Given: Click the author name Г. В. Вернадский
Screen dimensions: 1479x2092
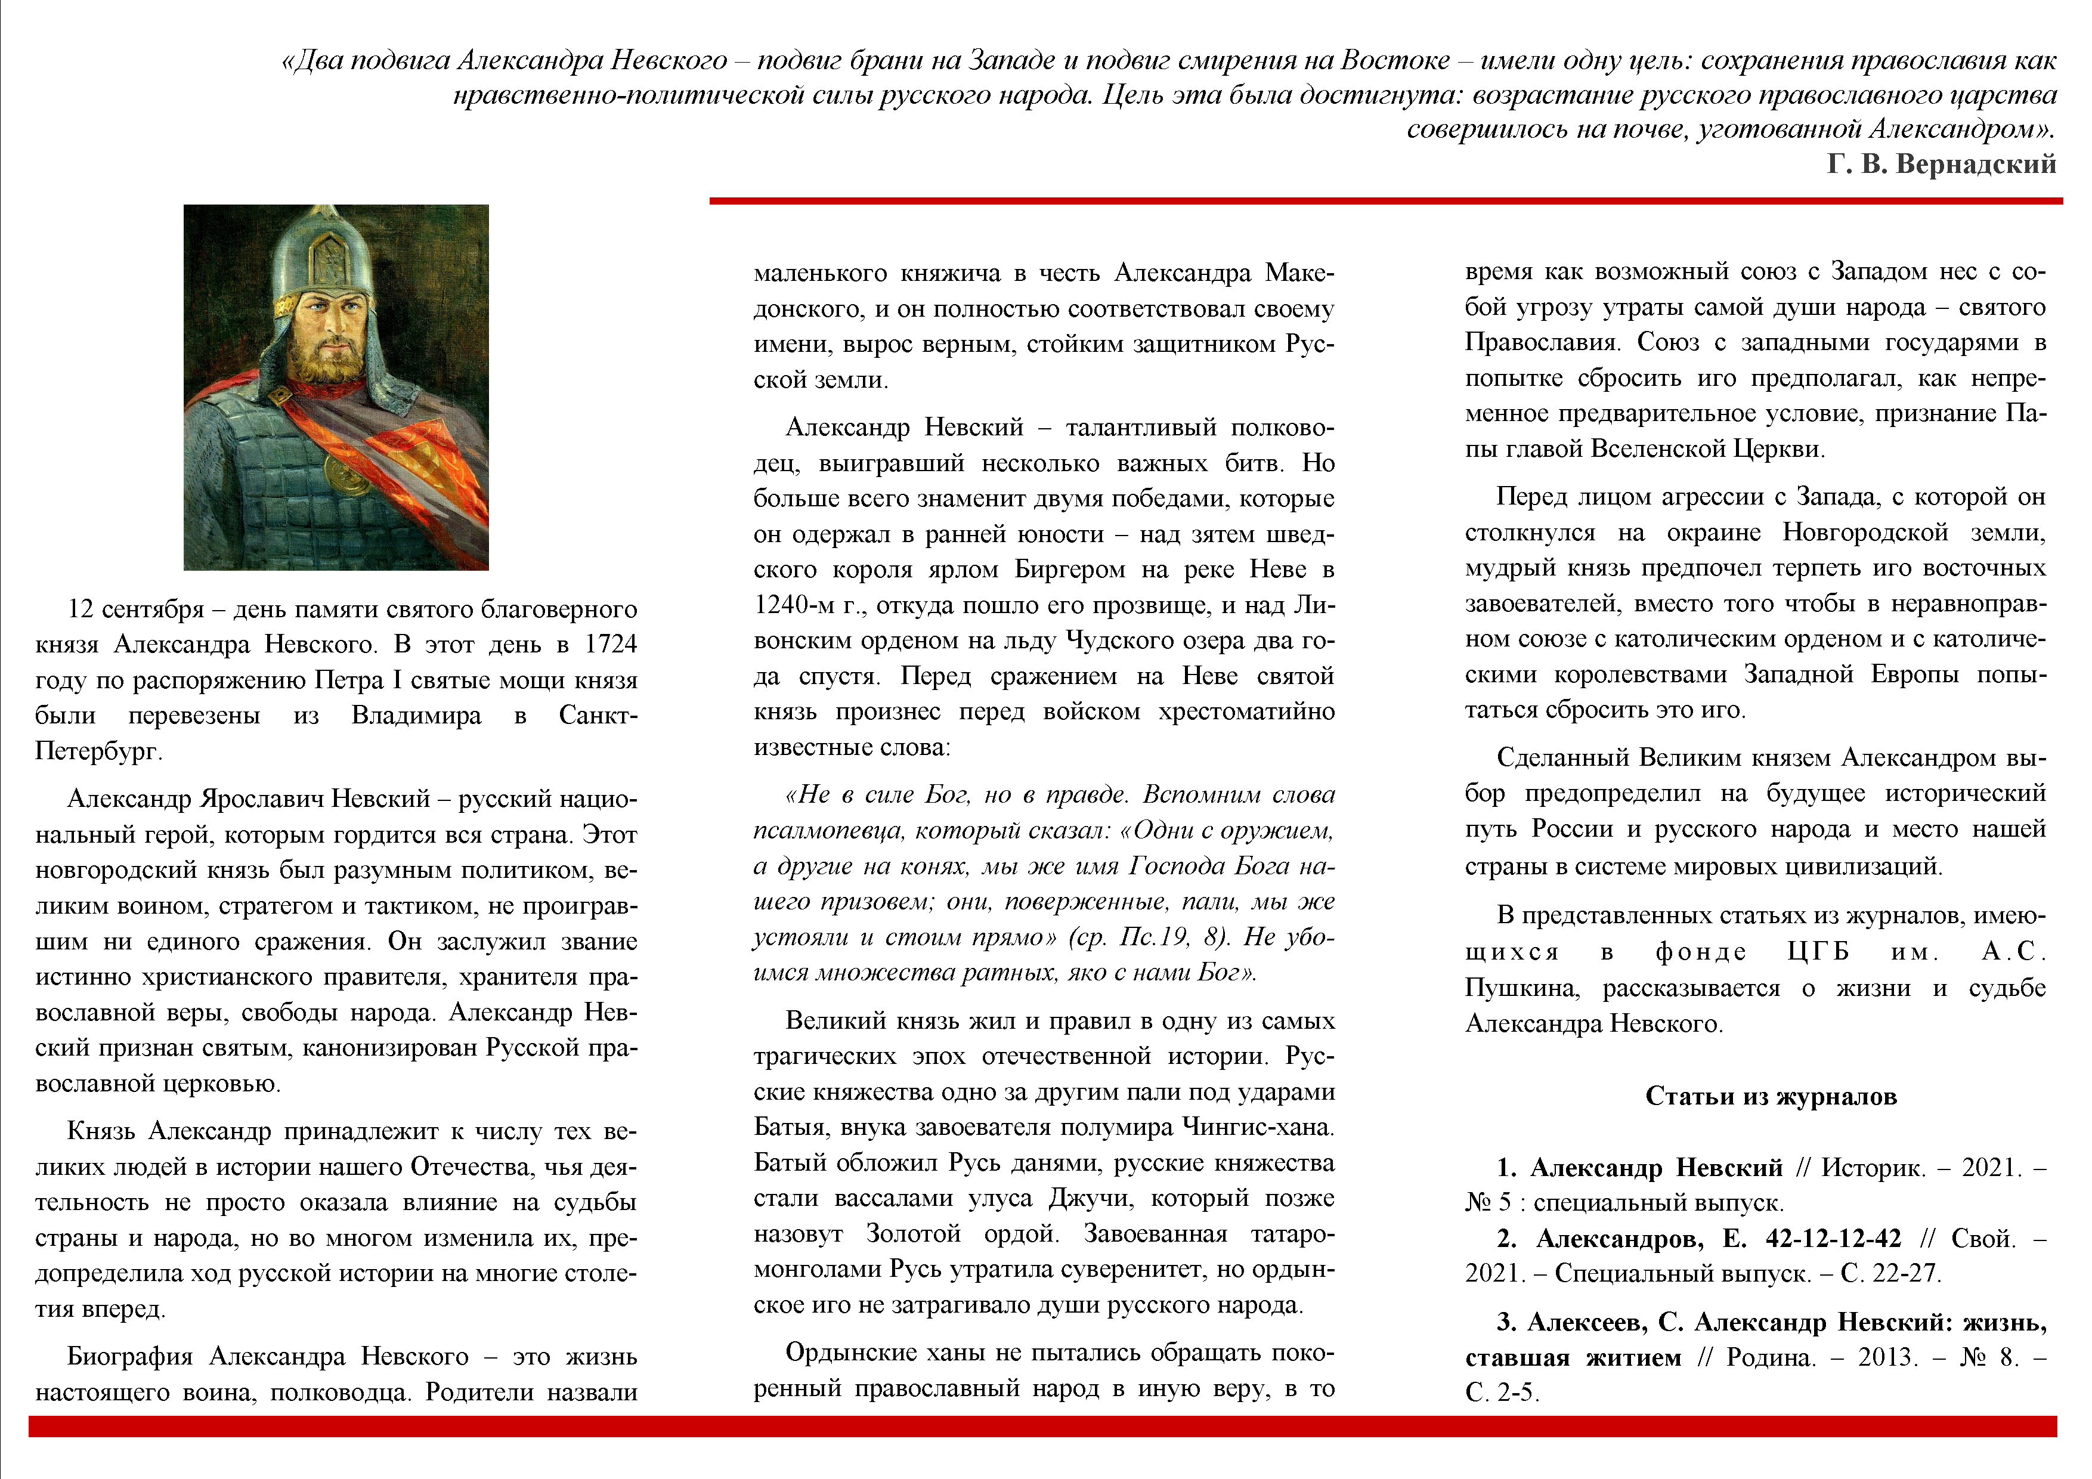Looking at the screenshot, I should pos(1941,164).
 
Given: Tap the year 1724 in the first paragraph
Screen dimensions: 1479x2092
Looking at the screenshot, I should pos(611,644).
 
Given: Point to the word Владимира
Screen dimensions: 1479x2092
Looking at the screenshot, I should pos(416,716).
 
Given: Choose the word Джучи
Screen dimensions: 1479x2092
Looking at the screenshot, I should pos(1091,1198).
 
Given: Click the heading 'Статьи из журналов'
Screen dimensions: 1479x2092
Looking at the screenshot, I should pos(1771,1096).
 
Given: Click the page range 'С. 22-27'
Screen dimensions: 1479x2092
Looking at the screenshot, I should pos(1890,1273).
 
